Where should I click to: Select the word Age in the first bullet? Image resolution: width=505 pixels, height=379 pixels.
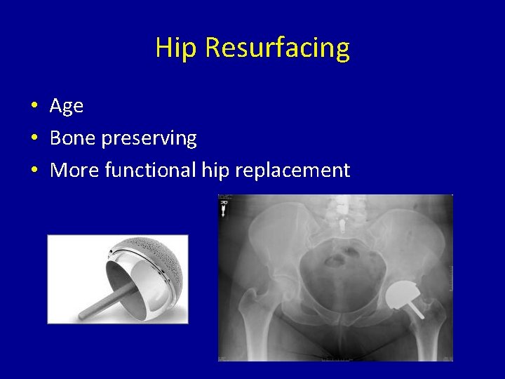pyautogui.click(x=67, y=106)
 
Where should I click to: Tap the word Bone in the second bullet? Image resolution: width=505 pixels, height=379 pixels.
pyautogui.click(x=73, y=138)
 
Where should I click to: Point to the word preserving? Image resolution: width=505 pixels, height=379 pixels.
pyautogui.click(x=149, y=138)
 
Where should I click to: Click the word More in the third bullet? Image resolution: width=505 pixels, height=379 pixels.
pyautogui.click(x=74, y=170)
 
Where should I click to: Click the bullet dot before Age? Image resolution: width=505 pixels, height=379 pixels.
pyautogui.click(x=34, y=107)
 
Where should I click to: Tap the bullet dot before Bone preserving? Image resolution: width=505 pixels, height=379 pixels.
pyautogui.click(x=34, y=139)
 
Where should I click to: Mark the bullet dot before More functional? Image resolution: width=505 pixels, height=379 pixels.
pyautogui.click(x=34, y=171)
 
